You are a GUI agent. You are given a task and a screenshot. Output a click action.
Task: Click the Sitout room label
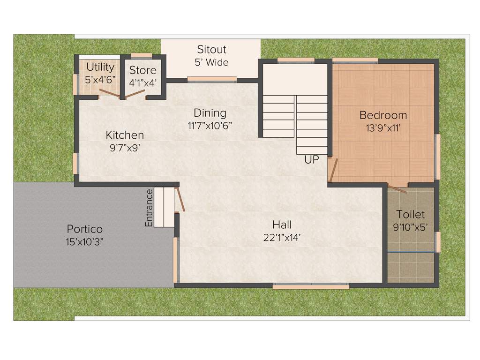click(x=211, y=50)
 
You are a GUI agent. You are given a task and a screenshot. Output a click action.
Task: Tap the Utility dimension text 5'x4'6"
click(x=100, y=79)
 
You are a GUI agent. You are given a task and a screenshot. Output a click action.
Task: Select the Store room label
click(x=142, y=71)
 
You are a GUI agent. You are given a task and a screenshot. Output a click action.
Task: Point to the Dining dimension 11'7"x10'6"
click(x=210, y=126)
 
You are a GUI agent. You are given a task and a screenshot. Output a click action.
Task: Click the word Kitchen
click(x=125, y=135)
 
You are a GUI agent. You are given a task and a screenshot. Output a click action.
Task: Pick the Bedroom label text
click(x=383, y=115)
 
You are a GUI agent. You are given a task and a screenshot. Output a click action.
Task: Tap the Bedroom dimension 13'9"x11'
click(x=383, y=128)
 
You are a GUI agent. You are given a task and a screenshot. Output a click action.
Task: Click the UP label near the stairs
click(x=311, y=160)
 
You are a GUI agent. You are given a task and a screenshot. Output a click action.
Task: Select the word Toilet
click(x=411, y=215)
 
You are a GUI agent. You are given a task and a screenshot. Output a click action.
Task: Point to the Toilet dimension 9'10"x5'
click(x=411, y=227)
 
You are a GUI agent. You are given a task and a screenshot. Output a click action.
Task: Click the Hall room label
click(x=281, y=225)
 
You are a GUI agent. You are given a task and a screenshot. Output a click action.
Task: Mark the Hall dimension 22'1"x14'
click(x=281, y=238)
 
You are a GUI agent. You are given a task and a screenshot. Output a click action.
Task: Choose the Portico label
click(x=84, y=230)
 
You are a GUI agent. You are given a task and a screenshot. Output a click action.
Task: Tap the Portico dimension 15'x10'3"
click(x=84, y=242)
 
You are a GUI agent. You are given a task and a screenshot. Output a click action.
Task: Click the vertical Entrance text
click(x=149, y=208)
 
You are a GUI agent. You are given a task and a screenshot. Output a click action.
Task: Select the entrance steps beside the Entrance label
click(x=164, y=207)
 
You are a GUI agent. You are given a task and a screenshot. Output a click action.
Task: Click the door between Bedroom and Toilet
click(x=397, y=188)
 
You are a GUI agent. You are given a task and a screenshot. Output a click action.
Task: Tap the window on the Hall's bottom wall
click(x=311, y=286)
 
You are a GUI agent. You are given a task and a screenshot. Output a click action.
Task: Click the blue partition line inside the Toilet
click(x=411, y=252)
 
